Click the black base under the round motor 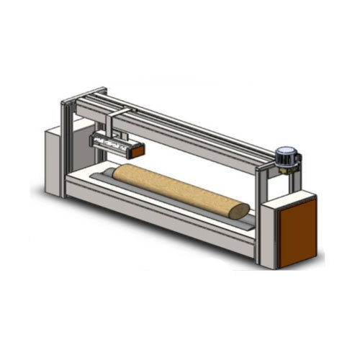286,167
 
